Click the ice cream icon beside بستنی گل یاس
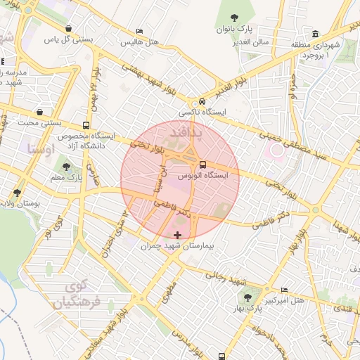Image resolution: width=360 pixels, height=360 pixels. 67,29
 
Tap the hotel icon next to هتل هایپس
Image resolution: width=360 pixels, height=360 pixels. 139,32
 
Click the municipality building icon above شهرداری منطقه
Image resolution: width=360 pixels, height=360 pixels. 314,34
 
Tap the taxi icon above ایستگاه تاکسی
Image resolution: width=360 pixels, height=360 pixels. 202,101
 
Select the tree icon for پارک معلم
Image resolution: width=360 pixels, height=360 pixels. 66,167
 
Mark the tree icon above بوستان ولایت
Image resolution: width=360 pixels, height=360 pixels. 16,192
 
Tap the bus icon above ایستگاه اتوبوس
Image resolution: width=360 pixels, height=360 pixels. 202,165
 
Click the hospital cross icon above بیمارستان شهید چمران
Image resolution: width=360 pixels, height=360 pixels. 176,234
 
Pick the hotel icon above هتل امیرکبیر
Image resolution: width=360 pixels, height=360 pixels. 284,290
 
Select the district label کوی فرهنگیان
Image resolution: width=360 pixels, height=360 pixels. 76,295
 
